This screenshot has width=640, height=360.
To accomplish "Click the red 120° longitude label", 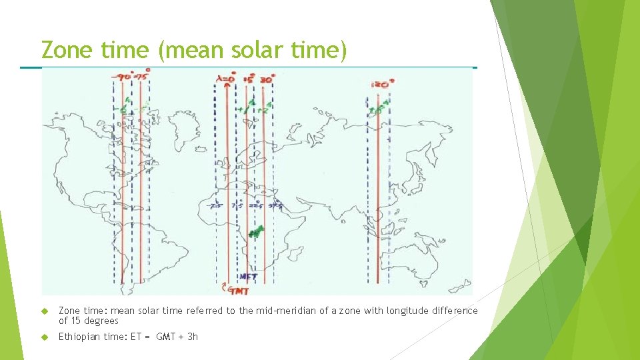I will (x=382, y=84).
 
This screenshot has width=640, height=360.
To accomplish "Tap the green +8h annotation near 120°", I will (x=377, y=110).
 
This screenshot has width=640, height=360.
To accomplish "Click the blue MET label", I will (x=248, y=276).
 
